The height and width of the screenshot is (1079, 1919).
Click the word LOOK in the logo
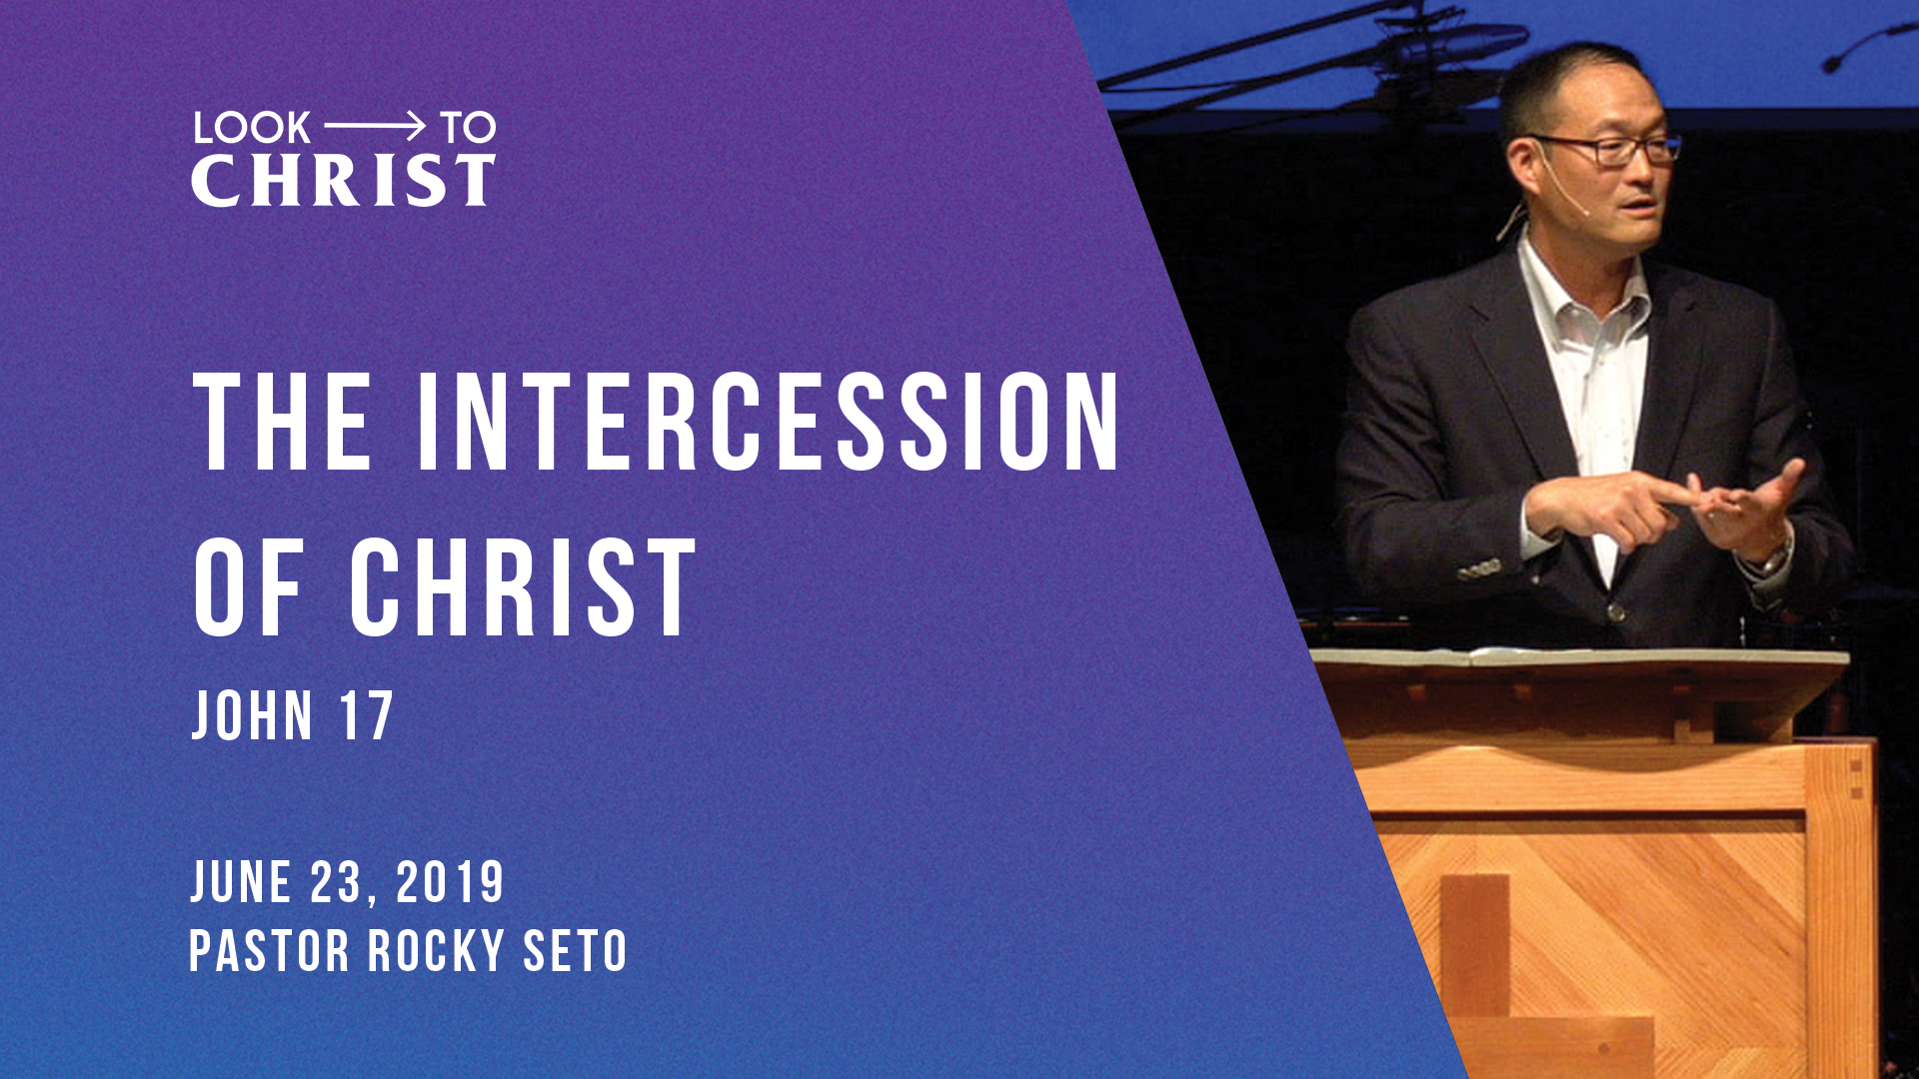click(251, 128)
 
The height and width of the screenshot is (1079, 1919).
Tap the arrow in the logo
click(375, 126)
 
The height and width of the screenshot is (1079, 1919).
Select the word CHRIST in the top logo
click(343, 181)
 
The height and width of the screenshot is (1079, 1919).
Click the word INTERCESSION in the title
click(768, 422)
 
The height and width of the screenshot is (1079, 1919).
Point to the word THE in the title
click(283, 422)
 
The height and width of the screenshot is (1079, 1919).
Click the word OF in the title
click(248, 587)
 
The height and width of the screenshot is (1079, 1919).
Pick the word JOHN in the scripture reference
click(252, 716)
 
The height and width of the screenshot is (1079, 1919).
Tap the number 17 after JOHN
click(366, 716)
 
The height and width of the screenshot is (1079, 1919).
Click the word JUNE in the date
click(241, 882)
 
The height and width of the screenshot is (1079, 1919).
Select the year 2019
click(450, 882)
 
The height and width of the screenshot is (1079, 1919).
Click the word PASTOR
click(269, 950)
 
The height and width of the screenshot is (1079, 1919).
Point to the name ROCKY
click(436, 950)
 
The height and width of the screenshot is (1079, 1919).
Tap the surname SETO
click(576, 950)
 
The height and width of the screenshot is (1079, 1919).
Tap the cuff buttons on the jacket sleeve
click(1480, 570)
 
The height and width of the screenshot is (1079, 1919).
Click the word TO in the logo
click(468, 128)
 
